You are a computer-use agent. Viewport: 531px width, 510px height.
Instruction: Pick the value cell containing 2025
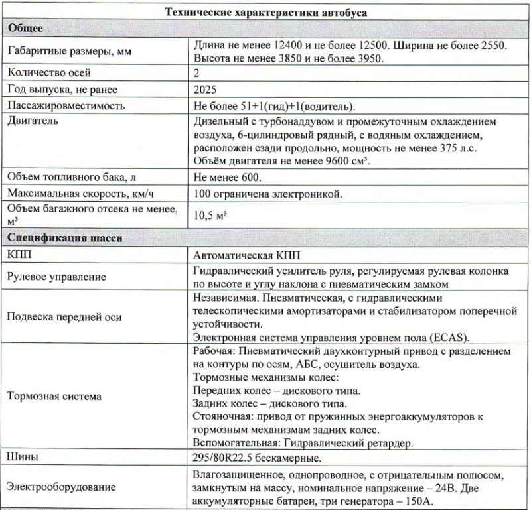pos(206,89)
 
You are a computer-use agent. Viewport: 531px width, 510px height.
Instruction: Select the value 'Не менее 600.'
pos(228,178)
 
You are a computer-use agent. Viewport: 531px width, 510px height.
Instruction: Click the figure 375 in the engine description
pos(449,149)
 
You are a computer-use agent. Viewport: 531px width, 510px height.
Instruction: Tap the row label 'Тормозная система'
pos(54,397)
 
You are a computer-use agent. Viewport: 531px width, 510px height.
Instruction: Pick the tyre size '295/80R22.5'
pos(223,458)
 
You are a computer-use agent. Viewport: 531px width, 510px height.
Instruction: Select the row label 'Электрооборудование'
pos(60,487)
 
